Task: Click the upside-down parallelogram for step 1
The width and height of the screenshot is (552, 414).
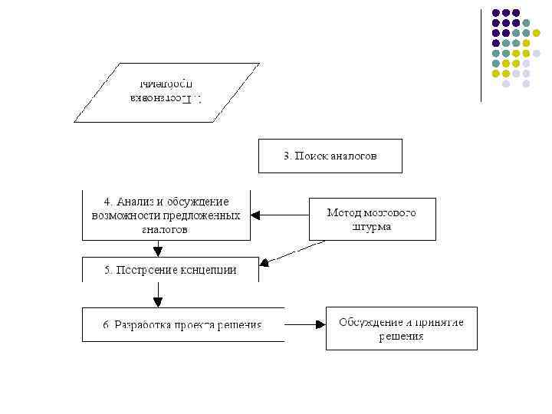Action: tap(166, 93)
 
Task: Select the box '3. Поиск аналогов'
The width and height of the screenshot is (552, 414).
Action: tap(330, 156)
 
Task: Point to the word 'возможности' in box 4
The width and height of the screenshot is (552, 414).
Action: tap(123, 215)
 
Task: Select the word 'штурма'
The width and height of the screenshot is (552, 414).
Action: tap(372, 226)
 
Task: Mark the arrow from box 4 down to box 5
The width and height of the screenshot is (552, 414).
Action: tap(158, 248)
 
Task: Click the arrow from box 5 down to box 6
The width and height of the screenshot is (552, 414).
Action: tap(158, 294)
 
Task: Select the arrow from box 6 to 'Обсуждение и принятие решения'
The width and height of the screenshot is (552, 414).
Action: tap(304, 324)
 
